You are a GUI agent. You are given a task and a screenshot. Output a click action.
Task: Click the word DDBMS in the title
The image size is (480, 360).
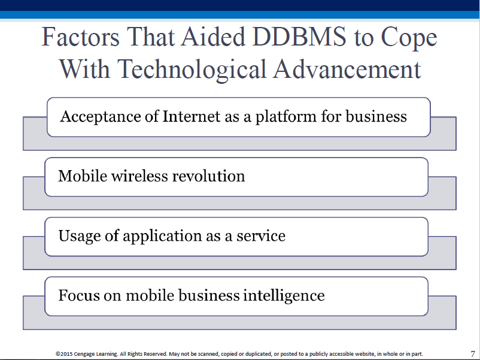coord(299,37)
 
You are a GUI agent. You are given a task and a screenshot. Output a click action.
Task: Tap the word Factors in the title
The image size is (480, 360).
coord(80,37)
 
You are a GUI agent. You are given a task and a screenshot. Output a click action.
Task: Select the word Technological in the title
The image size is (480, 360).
coord(192,70)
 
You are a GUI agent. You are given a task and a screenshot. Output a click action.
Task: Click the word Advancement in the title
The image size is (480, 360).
coord(347,69)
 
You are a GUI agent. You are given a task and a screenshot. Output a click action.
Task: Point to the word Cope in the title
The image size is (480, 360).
coord(409,38)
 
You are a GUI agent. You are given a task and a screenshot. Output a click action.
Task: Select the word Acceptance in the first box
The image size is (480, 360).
coord(101,117)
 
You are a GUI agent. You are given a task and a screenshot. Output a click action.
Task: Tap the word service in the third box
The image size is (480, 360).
coord(261,236)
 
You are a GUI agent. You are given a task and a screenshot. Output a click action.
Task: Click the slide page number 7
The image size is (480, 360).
coord(473,354)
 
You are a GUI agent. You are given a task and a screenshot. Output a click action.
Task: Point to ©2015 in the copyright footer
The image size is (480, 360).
coord(64,354)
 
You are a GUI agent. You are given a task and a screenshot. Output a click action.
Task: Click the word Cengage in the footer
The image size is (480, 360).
coord(84,355)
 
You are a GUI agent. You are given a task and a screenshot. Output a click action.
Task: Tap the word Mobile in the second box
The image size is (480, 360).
coord(83,176)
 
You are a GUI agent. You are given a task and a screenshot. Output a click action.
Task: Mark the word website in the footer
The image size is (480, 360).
coord(365,354)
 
